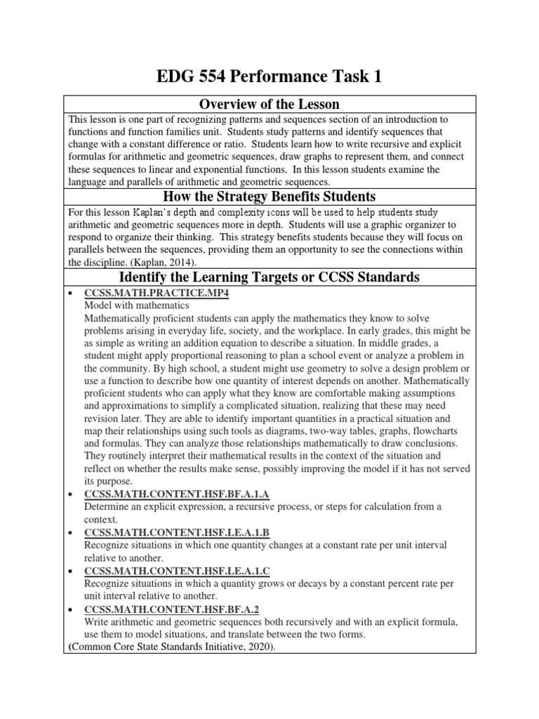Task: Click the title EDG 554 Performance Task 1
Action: tap(269, 76)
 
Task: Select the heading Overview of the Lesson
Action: tap(269, 105)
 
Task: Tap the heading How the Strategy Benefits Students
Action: tap(269, 195)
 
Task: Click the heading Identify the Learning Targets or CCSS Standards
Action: tap(269, 277)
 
